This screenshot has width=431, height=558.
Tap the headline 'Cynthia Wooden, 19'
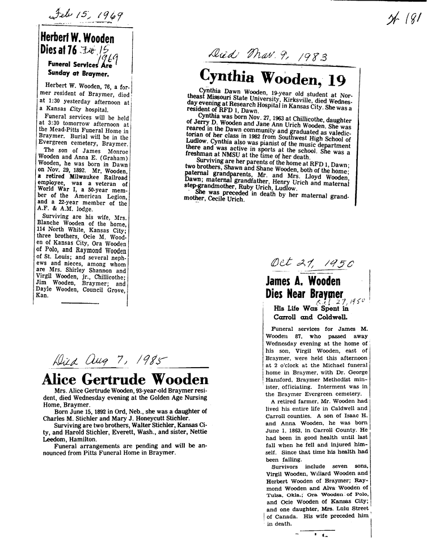[272, 76]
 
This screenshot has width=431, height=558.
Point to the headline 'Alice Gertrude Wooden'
[125, 379]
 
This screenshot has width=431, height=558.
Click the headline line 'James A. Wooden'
[303, 281]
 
